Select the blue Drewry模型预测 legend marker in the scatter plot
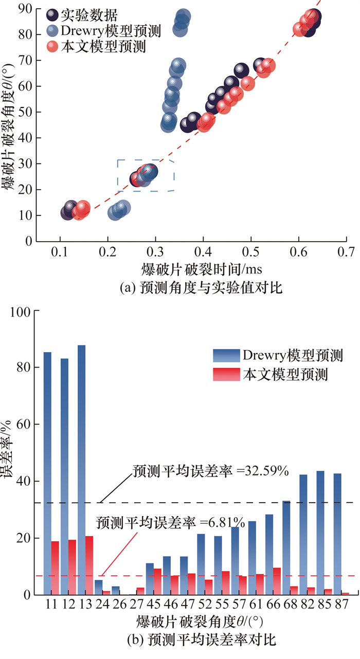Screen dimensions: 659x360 coord(52,31)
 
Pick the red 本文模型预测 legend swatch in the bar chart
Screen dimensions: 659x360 coord(226,375)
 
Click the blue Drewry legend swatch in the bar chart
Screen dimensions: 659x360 coord(226,355)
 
